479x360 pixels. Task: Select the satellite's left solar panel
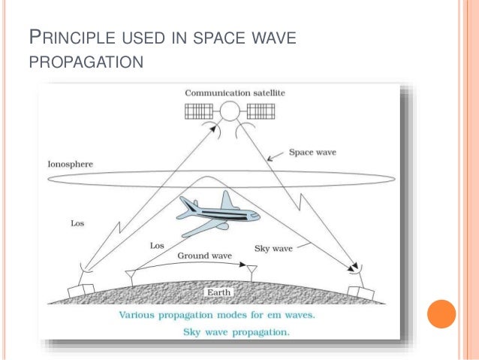[200, 112]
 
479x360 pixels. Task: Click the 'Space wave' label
[312, 152]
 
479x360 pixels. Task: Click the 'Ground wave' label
[203, 256]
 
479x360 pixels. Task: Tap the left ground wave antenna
[131, 274]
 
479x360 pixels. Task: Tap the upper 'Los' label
[77, 223]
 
